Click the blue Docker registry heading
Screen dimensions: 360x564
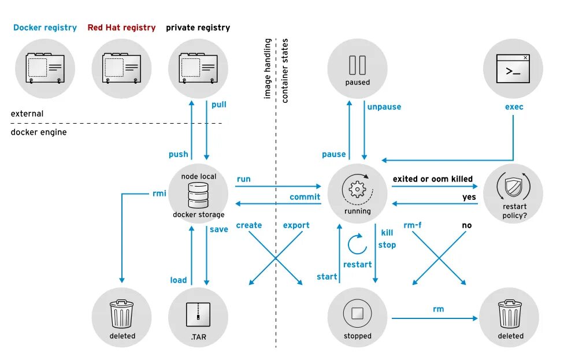coord(45,28)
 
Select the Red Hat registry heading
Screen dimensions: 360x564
coord(121,28)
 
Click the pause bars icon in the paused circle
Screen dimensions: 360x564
coord(357,64)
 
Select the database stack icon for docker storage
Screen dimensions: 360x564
coord(198,196)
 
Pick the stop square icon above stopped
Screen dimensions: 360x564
coord(357,314)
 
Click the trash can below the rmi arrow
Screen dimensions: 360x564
coord(122,314)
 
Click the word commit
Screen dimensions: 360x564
coord(305,197)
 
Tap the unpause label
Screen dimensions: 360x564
coord(383,107)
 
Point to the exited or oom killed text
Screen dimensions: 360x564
coord(432,179)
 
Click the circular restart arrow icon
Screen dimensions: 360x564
coord(357,245)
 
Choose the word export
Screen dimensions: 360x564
coord(296,225)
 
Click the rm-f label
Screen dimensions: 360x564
coord(412,225)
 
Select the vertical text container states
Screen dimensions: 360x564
coord(285,70)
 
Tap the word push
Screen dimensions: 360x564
coord(178,154)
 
